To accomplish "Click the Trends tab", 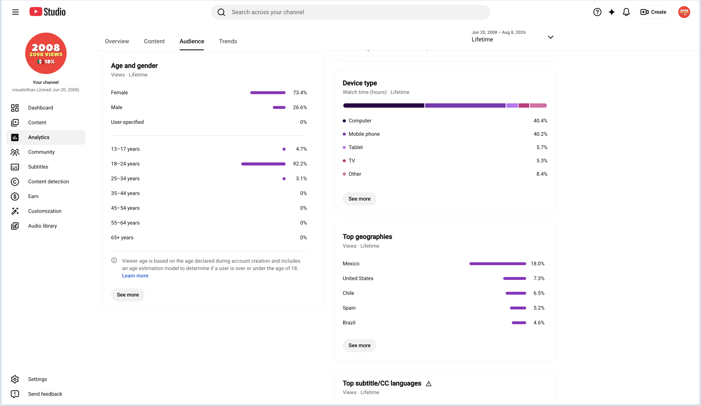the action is point(228,41).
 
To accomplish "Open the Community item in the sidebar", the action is point(41,152).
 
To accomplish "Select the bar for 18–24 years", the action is point(263,164).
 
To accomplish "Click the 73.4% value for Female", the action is point(300,92).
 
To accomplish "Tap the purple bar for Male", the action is point(279,107).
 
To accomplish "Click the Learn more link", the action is point(135,276).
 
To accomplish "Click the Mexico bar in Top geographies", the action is point(497,263).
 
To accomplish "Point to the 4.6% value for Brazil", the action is point(539,323).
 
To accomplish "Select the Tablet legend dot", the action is point(344,147).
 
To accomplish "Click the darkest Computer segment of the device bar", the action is point(384,105).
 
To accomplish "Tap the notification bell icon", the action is point(626,12).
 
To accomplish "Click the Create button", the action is point(654,12).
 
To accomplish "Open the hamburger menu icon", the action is point(15,12).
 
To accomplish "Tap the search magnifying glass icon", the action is point(221,12).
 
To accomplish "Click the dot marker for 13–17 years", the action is point(284,149).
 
